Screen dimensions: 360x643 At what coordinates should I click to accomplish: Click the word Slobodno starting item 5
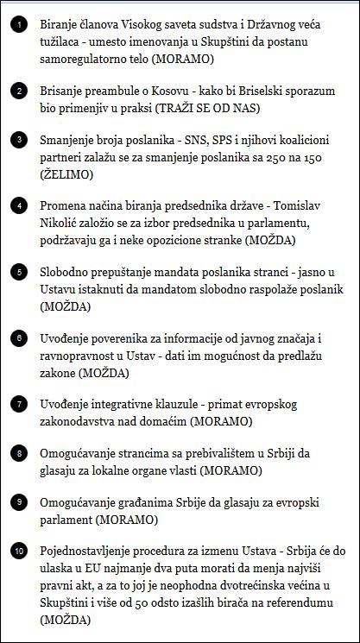(x=67, y=271)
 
